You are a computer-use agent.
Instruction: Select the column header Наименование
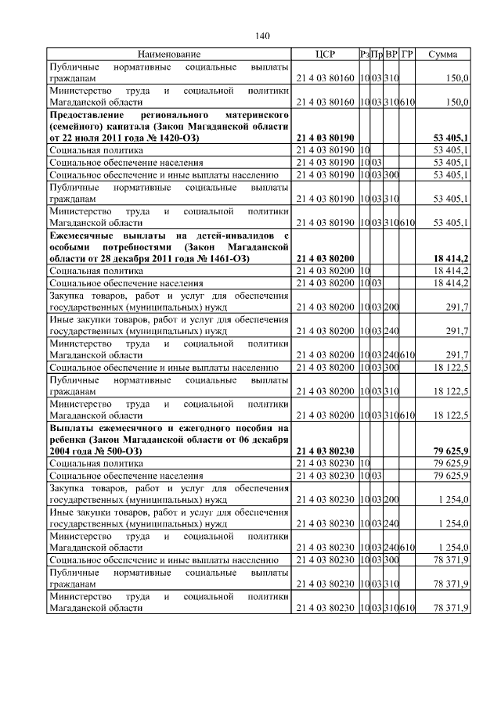(169, 54)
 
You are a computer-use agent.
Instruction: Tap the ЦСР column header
(324, 54)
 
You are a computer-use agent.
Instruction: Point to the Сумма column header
(443, 54)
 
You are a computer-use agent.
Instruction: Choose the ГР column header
(407, 54)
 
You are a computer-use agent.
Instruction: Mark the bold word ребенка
(69, 440)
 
